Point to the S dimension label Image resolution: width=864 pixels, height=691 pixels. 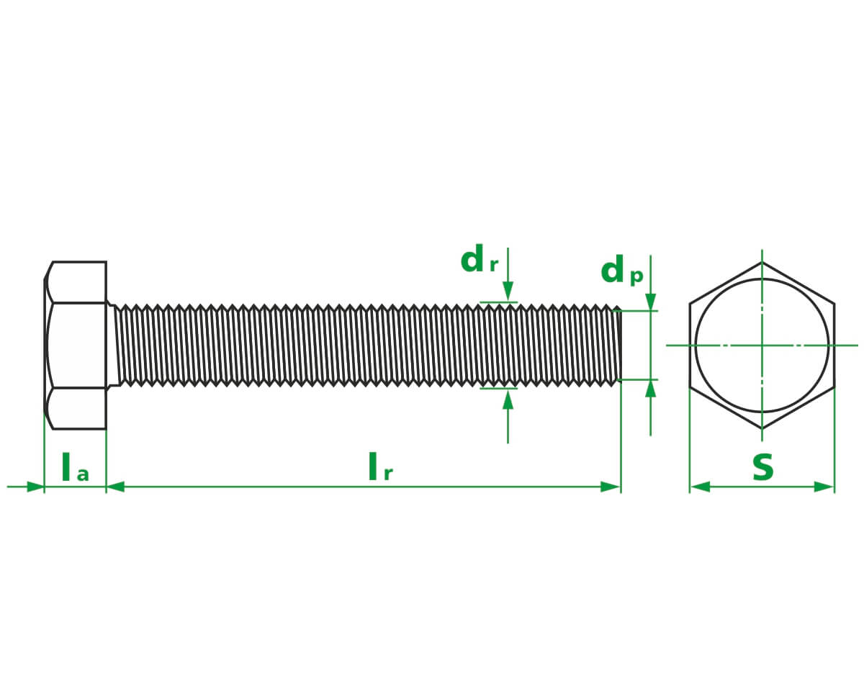(x=762, y=469)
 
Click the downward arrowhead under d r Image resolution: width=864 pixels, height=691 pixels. (x=508, y=292)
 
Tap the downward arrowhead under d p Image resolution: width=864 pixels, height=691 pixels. (x=651, y=302)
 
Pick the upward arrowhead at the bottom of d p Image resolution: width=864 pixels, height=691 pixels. (x=651, y=389)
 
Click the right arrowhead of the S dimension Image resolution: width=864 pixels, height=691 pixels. (x=824, y=487)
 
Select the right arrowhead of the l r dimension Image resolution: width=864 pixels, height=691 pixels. (x=611, y=487)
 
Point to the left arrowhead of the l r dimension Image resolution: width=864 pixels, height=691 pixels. (x=116, y=487)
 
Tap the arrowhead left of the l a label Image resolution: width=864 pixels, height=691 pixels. (x=35, y=487)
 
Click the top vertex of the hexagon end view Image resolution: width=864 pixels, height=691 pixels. (x=762, y=262)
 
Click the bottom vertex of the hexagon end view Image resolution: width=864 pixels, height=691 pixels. (x=762, y=429)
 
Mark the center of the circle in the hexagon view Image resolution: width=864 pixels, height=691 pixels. (x=762, y=345)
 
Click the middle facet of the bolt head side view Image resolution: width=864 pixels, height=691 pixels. (x=76, y=345)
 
